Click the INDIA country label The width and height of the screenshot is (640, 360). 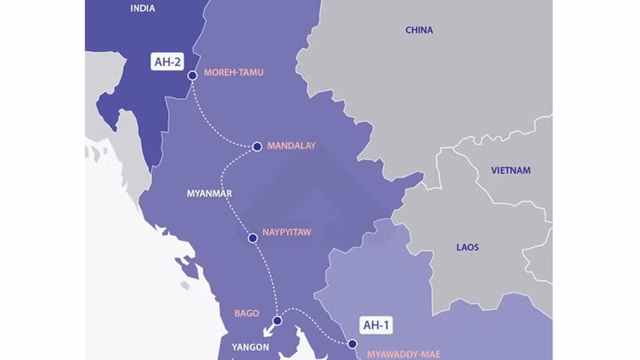(145, 8)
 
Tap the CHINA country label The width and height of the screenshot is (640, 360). (419, 30)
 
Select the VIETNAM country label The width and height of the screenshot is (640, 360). (511, 170)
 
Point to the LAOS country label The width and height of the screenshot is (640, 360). (467, 247)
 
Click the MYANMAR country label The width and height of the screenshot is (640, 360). (210, 194)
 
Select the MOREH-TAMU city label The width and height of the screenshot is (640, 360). (234, 73)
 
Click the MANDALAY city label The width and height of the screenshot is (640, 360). (291, 146)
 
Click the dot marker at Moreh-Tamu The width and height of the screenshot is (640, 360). (192, 76)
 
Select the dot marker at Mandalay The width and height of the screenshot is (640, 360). (257, 146)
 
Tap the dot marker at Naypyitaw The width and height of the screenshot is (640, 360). (253, 238)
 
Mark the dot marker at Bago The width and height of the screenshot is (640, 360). (277, 321)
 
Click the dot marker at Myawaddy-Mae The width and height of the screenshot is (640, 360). (352, 345)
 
